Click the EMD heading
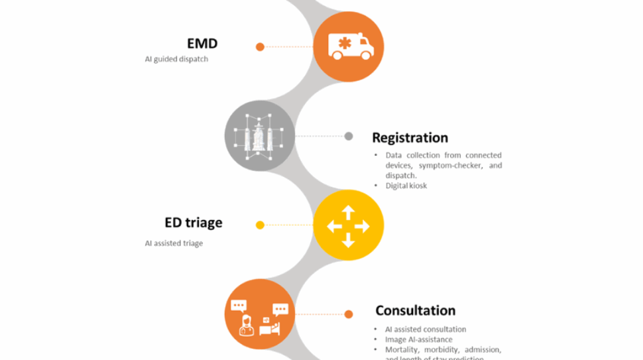202,44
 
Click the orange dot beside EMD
260,46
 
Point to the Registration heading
410,138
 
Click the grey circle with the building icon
259,136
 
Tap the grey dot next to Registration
349,137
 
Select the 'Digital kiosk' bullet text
406,186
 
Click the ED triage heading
194,223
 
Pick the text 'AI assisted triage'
174,243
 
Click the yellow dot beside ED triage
260,225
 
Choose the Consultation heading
415,311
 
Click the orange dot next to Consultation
349,314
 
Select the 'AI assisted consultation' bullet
426,330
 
